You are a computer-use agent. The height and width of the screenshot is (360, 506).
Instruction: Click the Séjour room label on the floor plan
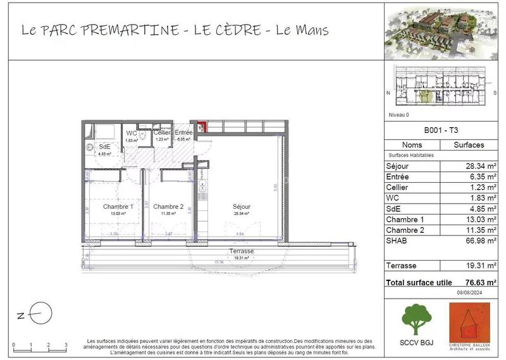tap(241, 206)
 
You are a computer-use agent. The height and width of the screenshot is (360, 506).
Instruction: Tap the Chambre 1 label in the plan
tap(118, 206)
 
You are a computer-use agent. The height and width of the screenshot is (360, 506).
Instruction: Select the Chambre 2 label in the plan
tap(168, 206)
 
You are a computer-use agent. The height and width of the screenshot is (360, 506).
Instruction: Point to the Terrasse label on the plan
tap(242, 251)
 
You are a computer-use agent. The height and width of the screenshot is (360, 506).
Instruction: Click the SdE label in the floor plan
tap(105, 147)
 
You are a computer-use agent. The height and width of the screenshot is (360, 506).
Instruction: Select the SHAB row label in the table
tap(397, 240)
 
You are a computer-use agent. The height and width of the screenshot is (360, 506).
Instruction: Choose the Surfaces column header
tap(469, 145)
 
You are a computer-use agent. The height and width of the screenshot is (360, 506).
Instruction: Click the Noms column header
tap(412, 145)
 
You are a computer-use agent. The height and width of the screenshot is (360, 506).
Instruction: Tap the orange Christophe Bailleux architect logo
tap(470, 322)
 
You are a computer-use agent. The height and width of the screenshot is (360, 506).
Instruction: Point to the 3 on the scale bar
tap(66, 346)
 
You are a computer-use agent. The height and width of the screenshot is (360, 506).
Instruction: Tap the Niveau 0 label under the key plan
tap(398, 115)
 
